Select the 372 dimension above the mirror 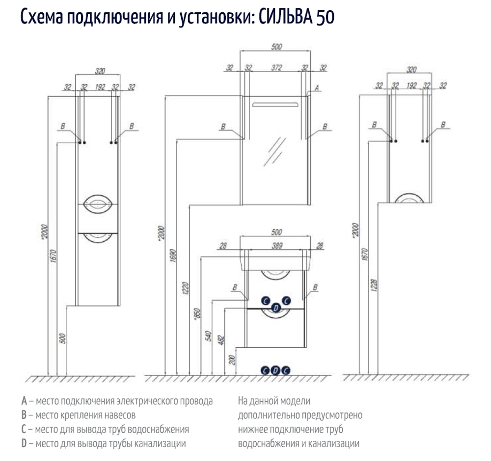276,68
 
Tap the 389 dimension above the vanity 276,246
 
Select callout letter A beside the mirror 317,88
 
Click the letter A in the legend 24,401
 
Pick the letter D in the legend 24,444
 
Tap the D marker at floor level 275,371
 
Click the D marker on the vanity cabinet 275,307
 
